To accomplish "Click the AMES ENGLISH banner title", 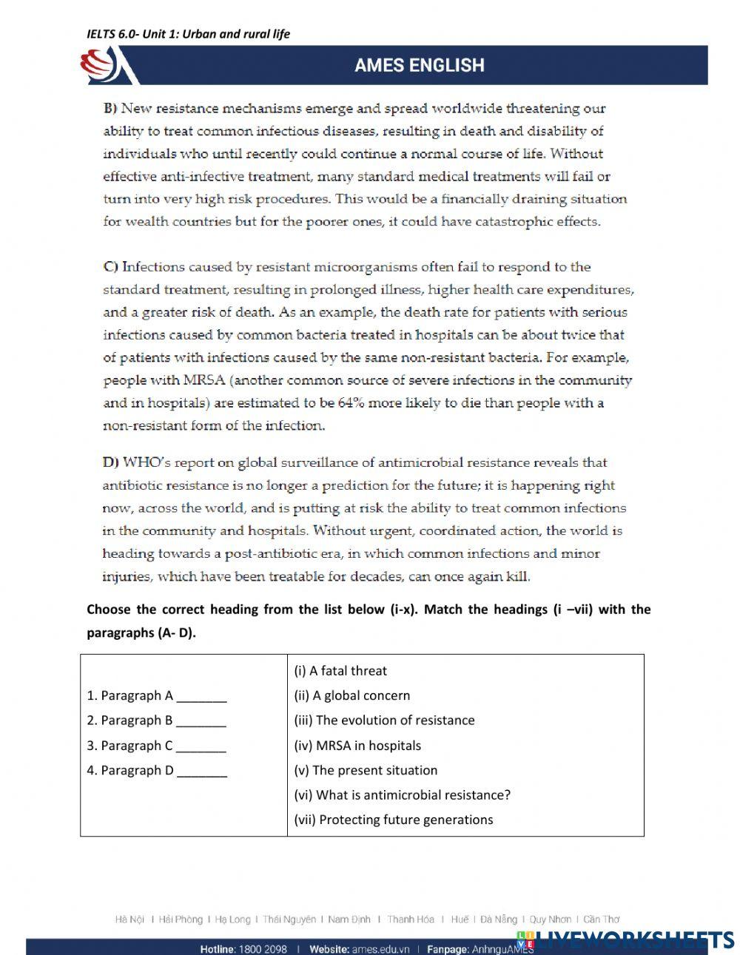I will (x=419, y=65).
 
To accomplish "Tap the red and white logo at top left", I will (x=100, y=65).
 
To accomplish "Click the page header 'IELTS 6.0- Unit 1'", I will (x=188, y=34).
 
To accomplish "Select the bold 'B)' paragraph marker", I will (x=110, y=109).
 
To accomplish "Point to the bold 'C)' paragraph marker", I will (x=111, y=267).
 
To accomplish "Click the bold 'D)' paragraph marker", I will (x=111, y=463).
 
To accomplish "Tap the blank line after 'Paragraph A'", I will (x=201, y=696).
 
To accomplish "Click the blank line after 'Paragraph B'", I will (x=201, y=721).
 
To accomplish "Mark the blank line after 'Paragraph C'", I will (x=201, y=746).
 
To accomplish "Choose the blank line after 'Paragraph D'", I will (x=201, y=771).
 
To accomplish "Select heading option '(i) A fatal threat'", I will (x=340, y=671).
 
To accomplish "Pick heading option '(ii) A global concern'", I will (x=351, y=695).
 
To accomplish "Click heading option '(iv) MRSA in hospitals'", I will (x=357, y=746).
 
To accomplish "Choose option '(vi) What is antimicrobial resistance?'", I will (x=402, y=795).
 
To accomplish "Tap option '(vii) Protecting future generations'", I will (x=393, y=820).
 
